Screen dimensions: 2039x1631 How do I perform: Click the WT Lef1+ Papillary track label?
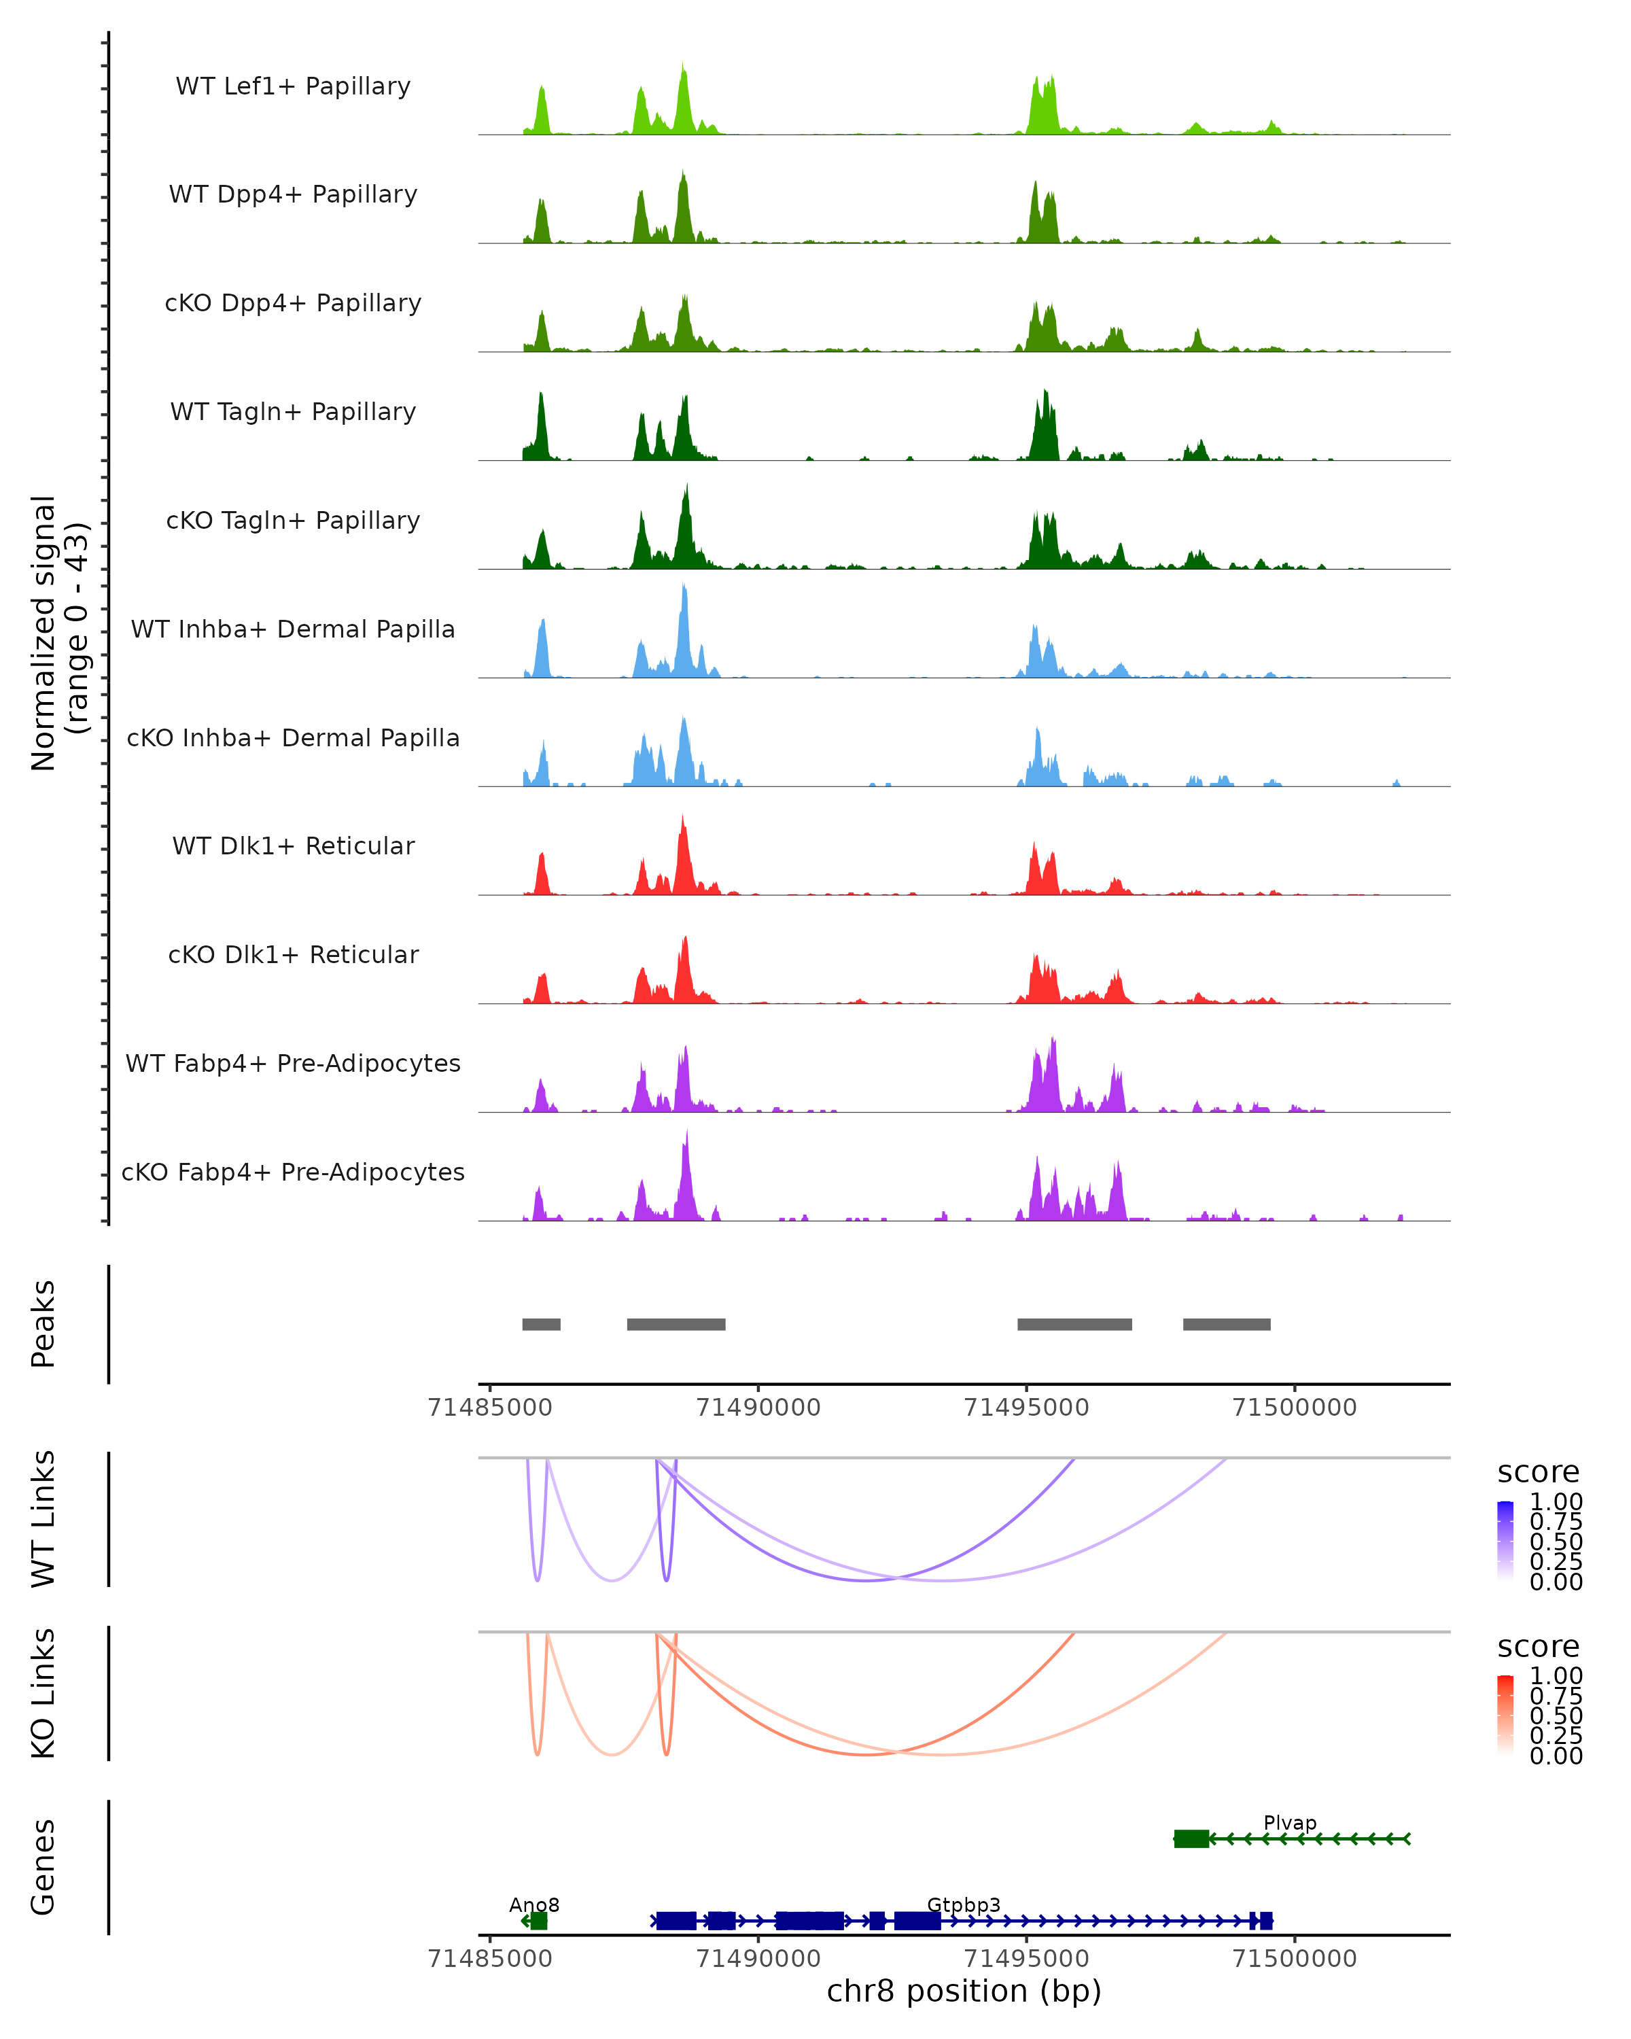[x=293, y=86]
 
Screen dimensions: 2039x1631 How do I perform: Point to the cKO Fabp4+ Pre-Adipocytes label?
[x=293, y=1172]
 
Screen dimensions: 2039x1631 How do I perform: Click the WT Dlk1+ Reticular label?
[x=293, y=846]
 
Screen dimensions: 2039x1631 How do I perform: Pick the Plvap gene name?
[x=1290, y=1822]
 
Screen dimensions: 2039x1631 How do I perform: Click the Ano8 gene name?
[x=534, y=1904]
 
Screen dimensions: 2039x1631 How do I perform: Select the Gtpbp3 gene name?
[x=964, y=1904]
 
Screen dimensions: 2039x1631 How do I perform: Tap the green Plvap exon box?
[x=1191, y=1838]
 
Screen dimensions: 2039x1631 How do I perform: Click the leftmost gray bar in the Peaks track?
[x=541, y=1324]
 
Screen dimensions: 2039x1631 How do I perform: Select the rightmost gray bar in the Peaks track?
[x=1227, y=1324]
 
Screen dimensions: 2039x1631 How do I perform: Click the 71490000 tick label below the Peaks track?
[x=758, y=1408]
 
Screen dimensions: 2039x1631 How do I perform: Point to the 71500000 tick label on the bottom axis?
[x=1295, y=1959]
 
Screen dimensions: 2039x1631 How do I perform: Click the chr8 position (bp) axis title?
[x=964, y=1991]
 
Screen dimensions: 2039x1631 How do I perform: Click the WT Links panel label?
[x=43, y=1519]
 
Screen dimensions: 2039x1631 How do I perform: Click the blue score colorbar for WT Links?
[x=1505, y=1539]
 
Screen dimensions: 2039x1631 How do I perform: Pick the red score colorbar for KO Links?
[x=1505, y=1713]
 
